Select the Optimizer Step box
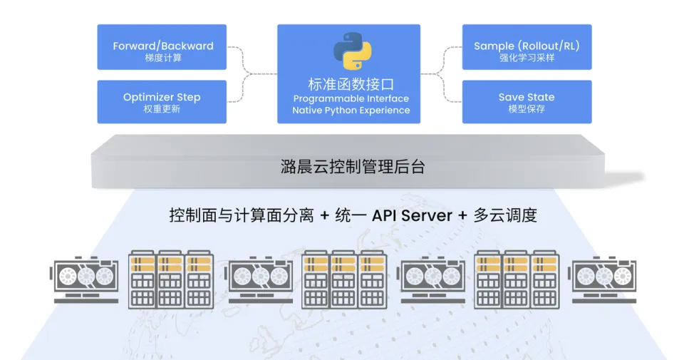pyautogui.click(x=162, y=102)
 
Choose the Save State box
pyautogui.click(x=527, y=102)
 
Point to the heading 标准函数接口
pyautogui.click(x=351, y=83)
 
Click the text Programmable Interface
pyautogui.click(x=351, y=98)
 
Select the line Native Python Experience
pyautogui.click(x=351, y=110)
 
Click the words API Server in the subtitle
pyautogui.click(x=412, y=215)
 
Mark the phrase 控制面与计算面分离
pyautogui.click(x=241, y=215)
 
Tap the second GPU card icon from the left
pyautogui.click(x=260, y=278)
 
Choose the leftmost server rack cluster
pyautogui.click(x=170, y=279)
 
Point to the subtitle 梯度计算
pyautogui.click(x=162, y=58)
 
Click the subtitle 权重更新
pyautogui.click(x=162, y=110)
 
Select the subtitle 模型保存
pyautogui.click(x=527, y=110)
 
